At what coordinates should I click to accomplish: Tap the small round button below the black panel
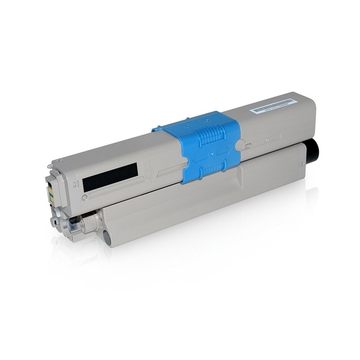[85, 197]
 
